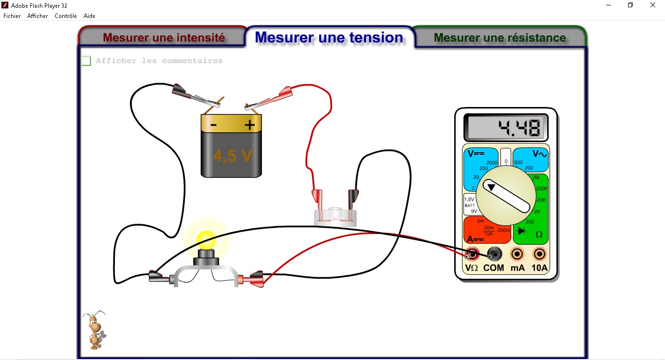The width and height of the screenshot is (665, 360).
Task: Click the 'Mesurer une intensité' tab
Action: [164, 37]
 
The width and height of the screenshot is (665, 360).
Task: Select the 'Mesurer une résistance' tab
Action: [499, 37]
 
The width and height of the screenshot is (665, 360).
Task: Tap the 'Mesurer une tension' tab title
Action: [329, 37]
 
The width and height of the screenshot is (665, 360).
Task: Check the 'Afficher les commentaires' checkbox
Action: [86, 61]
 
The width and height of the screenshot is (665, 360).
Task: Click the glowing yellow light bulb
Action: [205, 239]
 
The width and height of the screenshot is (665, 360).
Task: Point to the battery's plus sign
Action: [250, 125]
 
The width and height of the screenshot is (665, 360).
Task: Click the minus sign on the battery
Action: [213, 125]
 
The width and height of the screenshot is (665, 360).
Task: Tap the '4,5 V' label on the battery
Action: [233, 155]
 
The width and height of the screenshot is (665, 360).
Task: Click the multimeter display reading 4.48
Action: [506, 127]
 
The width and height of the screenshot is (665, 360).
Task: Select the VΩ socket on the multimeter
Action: [472, 253]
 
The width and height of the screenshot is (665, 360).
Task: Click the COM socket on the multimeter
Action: [495, 253]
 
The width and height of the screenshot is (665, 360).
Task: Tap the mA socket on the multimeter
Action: [517, 253]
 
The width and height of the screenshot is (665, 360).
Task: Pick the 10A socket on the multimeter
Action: [539, 253]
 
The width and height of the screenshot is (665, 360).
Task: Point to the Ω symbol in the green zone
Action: [539, 234]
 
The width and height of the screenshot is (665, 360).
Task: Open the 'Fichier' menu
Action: [12, 16]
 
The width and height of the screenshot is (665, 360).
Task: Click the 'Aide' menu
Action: [90, 16]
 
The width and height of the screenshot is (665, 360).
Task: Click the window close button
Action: [653, 5]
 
